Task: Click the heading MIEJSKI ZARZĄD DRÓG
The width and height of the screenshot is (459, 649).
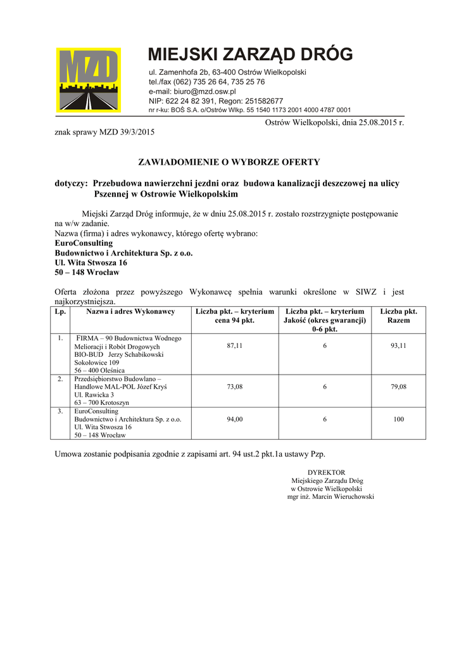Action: (250, 55)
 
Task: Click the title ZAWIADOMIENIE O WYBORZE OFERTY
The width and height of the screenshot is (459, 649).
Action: (229, 162)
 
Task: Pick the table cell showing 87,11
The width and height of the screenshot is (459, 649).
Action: (235, 345)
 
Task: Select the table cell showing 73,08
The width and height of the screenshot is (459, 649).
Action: (235, 387)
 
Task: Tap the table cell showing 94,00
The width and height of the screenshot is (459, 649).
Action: (235, 419)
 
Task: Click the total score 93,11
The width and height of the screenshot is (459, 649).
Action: (398, 345)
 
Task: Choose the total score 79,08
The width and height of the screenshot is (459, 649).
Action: (398, 387)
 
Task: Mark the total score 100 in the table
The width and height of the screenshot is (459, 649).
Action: (398, 419)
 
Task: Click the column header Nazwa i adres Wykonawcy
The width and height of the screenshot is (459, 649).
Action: (130, 312)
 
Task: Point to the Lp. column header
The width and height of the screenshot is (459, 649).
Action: (60, 312)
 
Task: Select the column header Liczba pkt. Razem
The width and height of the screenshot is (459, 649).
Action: (398, 316)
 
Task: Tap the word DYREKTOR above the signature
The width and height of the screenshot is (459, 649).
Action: (326, 472)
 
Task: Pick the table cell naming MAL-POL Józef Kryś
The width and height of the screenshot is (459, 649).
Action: (120, 386)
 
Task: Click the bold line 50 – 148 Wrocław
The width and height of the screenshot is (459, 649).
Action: (87, 272)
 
